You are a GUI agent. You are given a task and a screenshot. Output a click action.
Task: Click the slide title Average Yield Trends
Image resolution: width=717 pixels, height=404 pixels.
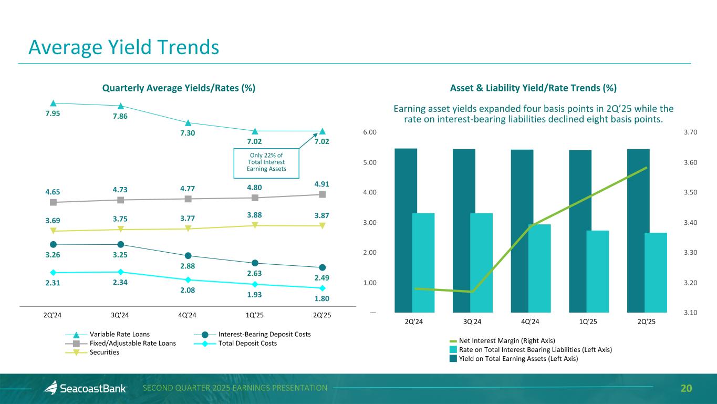123,47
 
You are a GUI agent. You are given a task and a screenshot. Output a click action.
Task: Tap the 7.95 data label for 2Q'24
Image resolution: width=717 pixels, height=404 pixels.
53,115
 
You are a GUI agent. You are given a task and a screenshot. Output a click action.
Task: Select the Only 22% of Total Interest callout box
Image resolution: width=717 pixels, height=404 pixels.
266,162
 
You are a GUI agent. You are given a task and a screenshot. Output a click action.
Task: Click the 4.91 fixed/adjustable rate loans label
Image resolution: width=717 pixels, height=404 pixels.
322,184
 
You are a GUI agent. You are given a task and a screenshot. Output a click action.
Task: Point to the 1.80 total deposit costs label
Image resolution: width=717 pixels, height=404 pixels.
322,298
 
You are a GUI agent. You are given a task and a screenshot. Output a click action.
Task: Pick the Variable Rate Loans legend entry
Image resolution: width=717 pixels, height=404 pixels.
119,335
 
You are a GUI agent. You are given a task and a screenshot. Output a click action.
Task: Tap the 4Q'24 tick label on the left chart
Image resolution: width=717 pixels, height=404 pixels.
188,315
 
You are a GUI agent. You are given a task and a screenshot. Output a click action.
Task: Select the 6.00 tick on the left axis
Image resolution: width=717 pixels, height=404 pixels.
370,132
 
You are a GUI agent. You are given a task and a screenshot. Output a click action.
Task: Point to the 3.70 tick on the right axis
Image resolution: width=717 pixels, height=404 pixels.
690,132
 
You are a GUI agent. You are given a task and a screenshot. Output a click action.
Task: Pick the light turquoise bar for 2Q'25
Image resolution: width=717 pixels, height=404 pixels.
656,272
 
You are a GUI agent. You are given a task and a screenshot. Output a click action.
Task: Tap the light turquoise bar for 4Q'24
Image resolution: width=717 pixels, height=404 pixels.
539,268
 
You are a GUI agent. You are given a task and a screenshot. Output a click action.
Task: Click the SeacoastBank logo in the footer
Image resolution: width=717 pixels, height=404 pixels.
85,388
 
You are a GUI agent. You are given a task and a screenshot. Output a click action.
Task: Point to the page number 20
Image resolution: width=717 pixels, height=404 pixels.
686,388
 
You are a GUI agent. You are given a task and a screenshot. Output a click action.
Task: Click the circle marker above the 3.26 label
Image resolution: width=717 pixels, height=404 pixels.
53,244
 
